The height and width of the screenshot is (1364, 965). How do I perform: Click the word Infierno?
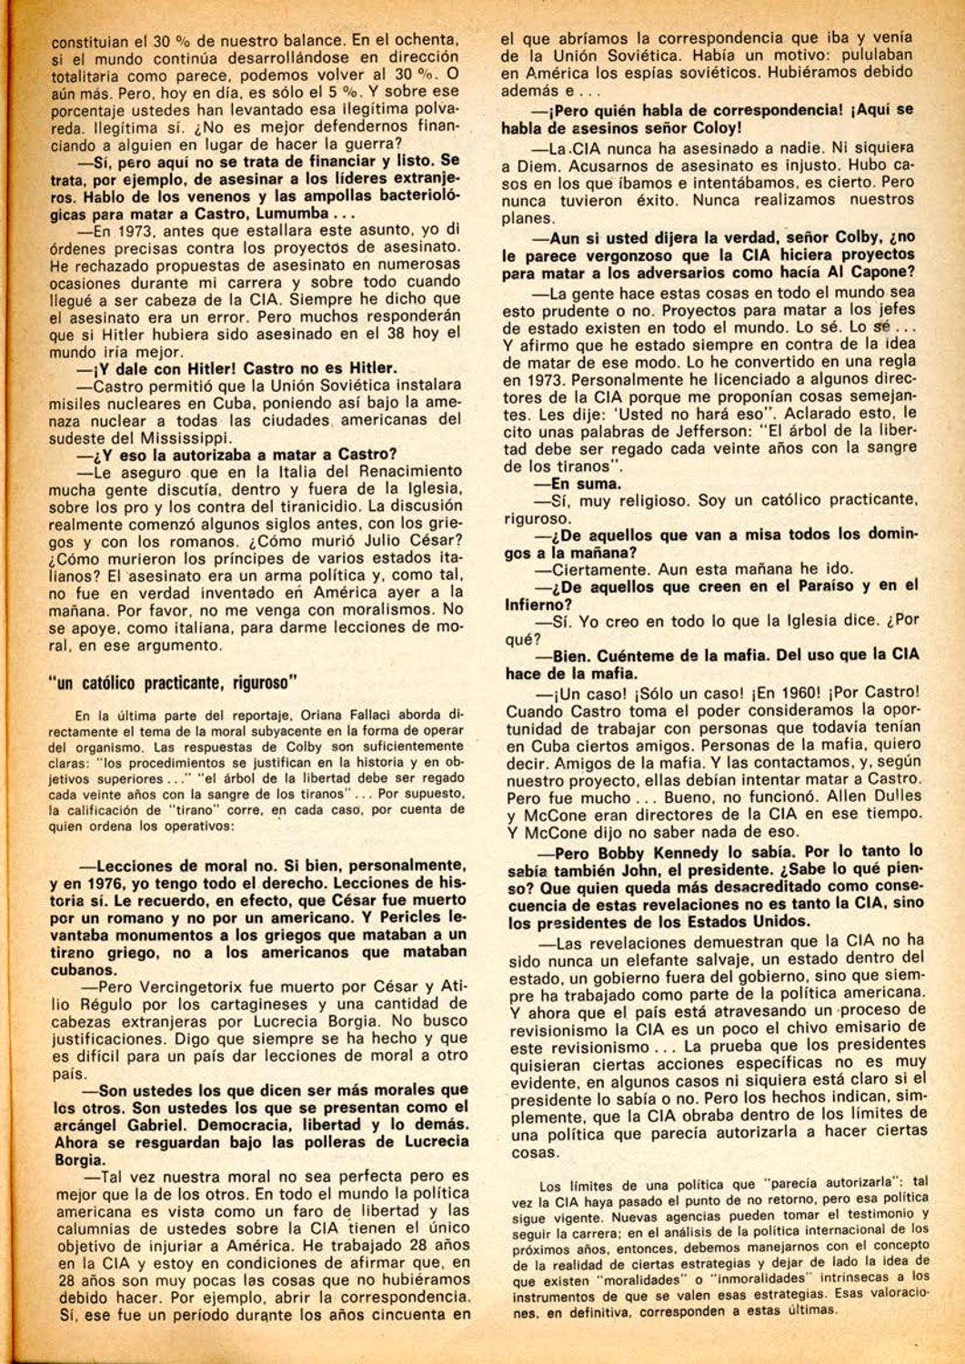click(x=538, y=604)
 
